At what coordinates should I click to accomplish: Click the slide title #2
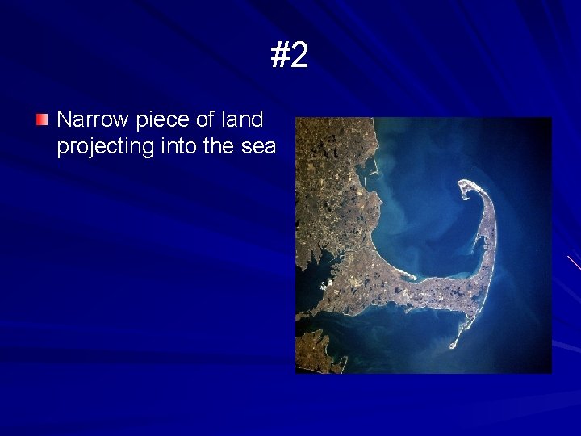(x=290, y=56)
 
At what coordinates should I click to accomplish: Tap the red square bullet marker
(x=42, y=120)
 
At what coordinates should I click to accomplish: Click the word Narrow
(x=93, y=120)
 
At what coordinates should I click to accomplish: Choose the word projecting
(x=102, y=147)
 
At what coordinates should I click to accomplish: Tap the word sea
(x=258, y=147)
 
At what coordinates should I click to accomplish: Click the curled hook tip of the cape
(x=466, y=189)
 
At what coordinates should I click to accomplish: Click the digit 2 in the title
(x=299, y=56)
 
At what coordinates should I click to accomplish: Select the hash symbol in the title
(x=280, y=56)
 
